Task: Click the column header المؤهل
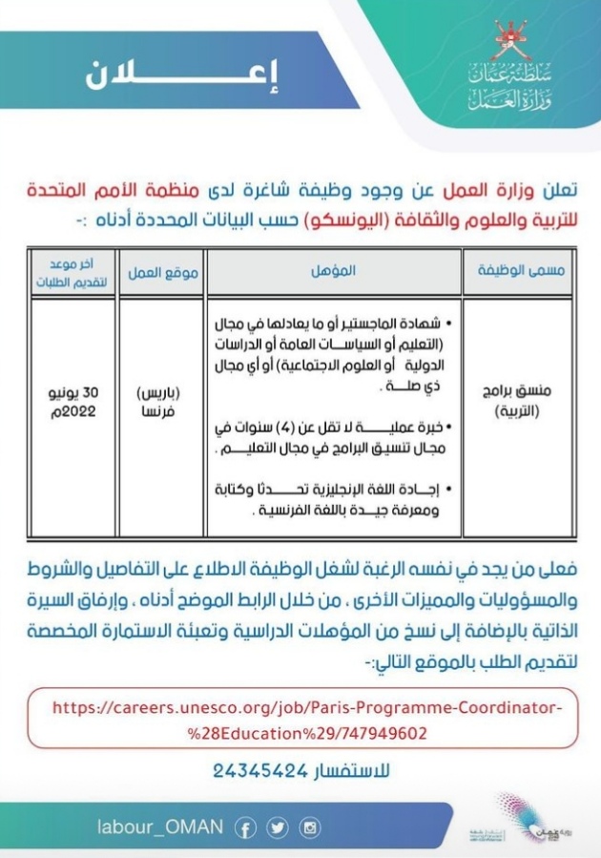[333, 271]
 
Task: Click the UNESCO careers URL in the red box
[303, 720]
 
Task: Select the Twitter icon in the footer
[277, 827]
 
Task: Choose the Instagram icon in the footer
[309, 827]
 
